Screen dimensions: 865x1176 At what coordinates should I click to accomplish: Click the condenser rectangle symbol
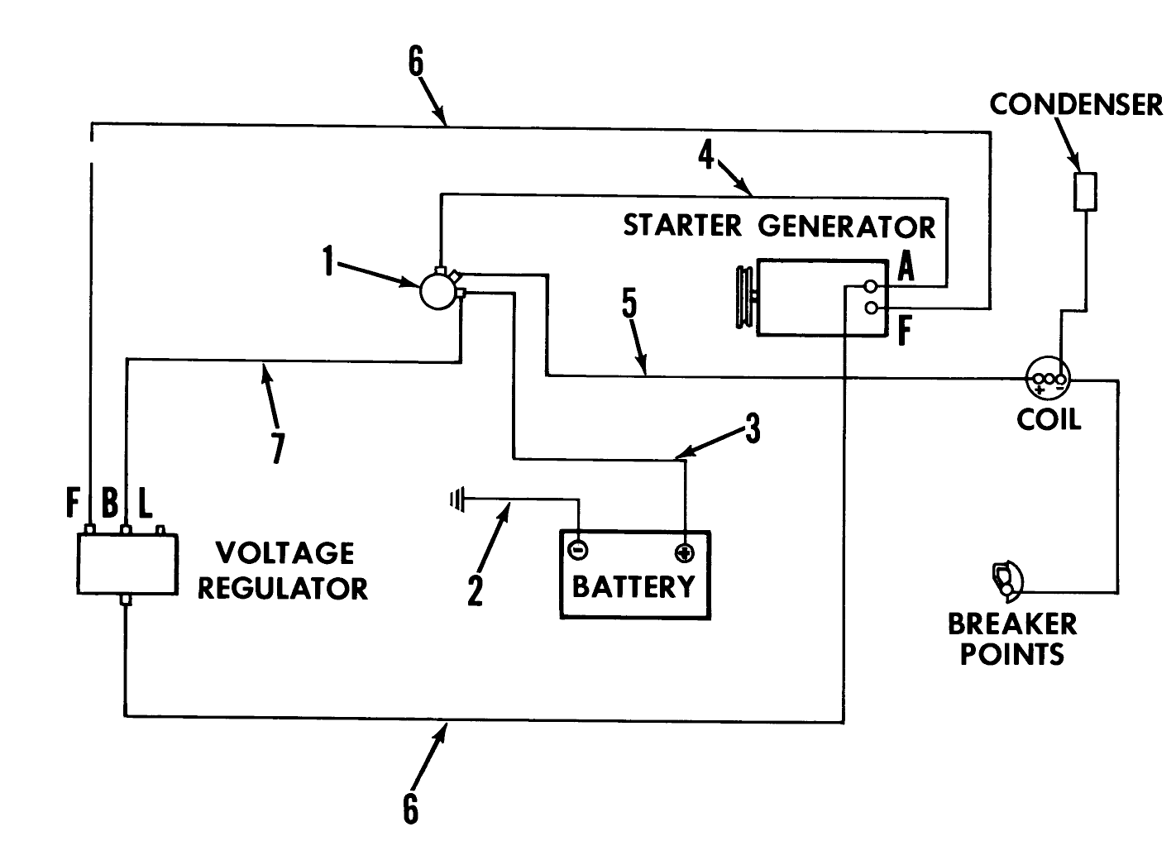(1084, 191)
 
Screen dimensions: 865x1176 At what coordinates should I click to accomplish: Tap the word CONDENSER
(1075, 105)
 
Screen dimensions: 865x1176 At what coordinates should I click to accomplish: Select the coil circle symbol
(1048, 380)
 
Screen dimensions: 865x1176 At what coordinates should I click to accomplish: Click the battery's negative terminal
(578, 550)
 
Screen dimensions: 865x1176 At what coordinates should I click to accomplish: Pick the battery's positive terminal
(684, 552)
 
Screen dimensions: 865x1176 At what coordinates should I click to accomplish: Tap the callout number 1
(328, 263)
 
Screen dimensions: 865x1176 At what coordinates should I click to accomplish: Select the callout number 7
(277, 448)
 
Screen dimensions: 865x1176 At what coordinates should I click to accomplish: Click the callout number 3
(752, 429)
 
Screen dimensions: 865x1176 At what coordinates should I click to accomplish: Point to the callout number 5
(629, 304)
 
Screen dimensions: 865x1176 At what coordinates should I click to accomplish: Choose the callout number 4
(705, 155)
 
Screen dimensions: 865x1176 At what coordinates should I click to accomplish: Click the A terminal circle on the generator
(870, 286)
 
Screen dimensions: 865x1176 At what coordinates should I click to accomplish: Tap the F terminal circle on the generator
(870, 308)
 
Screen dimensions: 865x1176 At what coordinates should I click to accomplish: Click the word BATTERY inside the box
(634, 586)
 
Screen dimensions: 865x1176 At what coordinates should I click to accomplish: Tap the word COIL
(1048, 418)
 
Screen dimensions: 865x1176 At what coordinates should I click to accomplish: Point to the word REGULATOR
(282, 588)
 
